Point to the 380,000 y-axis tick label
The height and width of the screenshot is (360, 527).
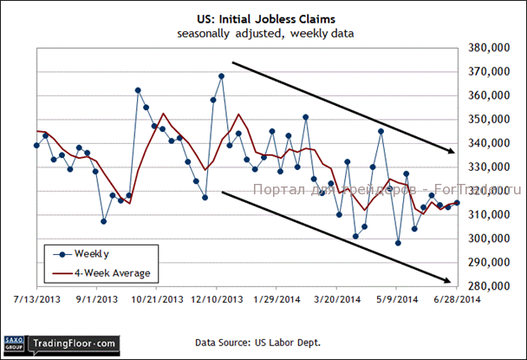point(487,49)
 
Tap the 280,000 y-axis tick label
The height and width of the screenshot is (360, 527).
point(487,286)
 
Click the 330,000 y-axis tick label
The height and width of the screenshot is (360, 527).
point(487,167)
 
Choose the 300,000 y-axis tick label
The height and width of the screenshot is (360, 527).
point(487,239)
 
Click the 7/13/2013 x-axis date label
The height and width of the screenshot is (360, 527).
point(36,300)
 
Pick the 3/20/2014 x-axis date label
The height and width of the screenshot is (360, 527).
point(337,300)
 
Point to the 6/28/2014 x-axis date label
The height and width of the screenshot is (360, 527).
point(456,300)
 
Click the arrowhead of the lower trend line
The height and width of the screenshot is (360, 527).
point(448,279)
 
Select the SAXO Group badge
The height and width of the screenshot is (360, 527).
point(14,344)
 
